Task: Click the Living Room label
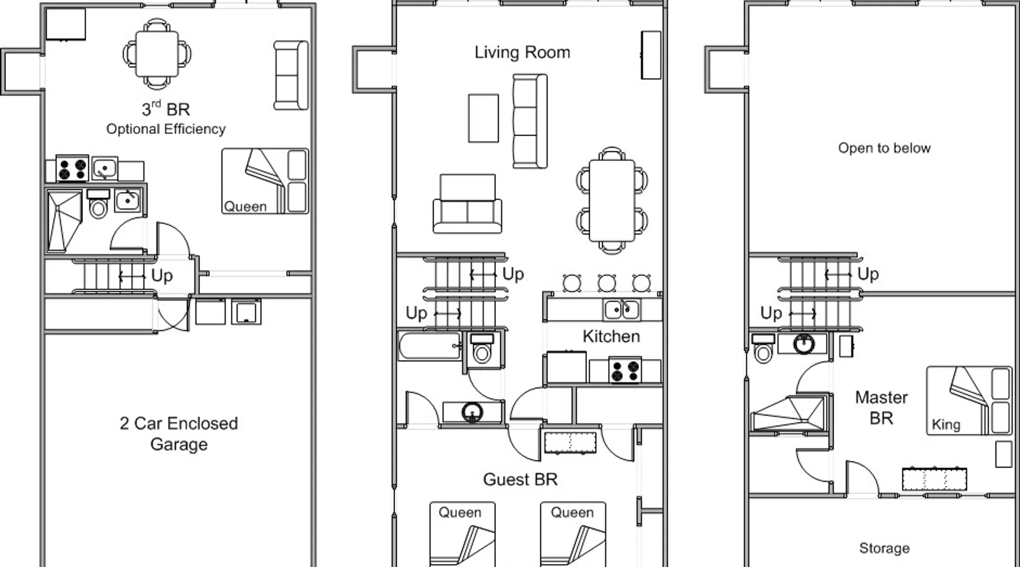pos(522,52)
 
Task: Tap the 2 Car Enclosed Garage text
pos(178,434)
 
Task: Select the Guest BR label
pos(520,479)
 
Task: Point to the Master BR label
pos(881,408)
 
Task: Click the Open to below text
pos(884,148)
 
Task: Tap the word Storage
pos(884,548)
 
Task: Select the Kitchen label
pos(611,336)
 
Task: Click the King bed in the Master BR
pos(969,400)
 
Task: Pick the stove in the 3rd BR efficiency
pos(72,168)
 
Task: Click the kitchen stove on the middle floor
pos(624,370)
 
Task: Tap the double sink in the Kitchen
pos(622,310)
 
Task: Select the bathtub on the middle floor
pos(430,346)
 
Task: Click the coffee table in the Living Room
pos(483,118)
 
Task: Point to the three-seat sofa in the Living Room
pos(530,121)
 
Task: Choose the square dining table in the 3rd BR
pos(157,54)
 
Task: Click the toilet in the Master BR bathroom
pos(763,348)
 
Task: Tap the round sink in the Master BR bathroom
pos(804,344)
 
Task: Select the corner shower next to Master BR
pos(788,414)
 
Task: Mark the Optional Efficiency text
pos(166,129)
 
